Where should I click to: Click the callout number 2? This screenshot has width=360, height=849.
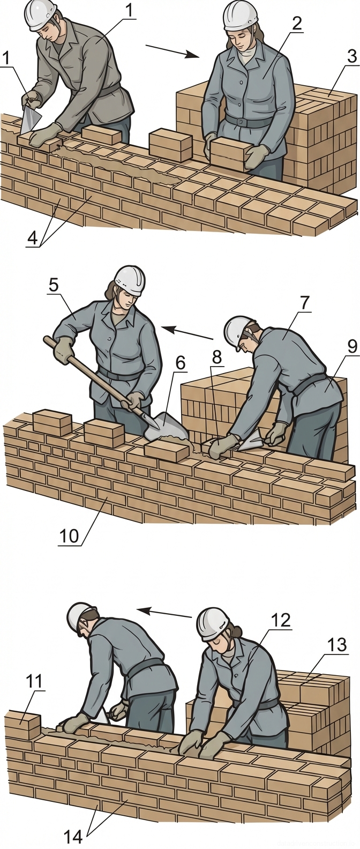[x=297, y=24]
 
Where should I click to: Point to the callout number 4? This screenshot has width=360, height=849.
[x=32, y=238]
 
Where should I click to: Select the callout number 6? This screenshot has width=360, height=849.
[x=179, y=363]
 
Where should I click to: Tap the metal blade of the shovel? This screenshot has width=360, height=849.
[x=166, y=424]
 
